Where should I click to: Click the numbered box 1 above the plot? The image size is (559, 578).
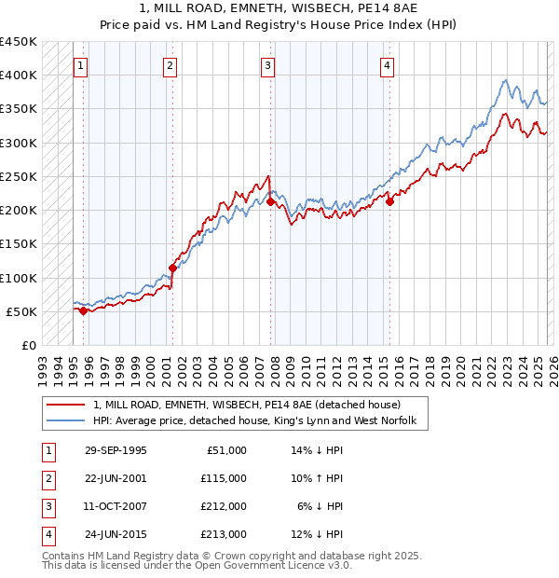pyautogui.click(x=81, y=65)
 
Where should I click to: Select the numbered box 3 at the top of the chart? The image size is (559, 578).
pyautogui.click(x=267, y=65)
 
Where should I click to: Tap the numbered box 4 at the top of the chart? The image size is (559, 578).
pyautogui.click(x=387, y=65)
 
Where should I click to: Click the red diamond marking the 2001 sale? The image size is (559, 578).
pyautogui.click(x=172, y=268)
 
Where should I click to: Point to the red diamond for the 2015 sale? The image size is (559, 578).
pyautogui.click(x=390, y=201)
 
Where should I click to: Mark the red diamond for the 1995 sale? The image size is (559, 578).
pyautogui.click(x=84, y=311)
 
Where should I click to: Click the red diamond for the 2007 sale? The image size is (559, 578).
pyautogui.click(x=270, y=201)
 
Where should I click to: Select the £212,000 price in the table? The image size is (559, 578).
pyautogui.click(x=223, y=506)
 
